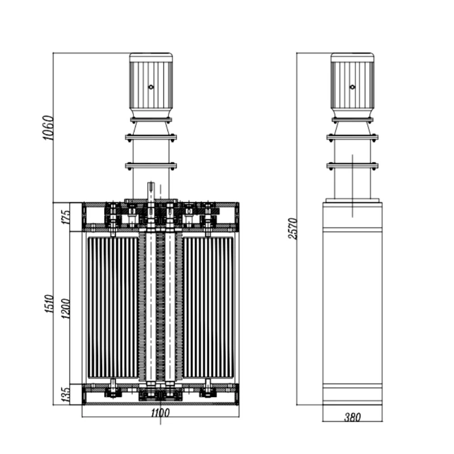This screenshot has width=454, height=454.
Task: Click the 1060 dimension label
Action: (x=48, y=128)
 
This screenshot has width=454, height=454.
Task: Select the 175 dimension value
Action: (x=66, y=217)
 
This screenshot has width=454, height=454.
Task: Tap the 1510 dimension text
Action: (x=49, y=304)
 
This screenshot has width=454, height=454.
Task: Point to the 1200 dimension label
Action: (x=66, y=308)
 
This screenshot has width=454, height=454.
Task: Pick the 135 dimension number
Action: (x=66, y=395)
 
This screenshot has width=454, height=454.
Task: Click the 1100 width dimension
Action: (x=161, y=413)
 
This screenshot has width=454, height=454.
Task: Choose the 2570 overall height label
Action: (x=293, y=229)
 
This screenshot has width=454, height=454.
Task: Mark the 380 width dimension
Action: (x=352, y=417)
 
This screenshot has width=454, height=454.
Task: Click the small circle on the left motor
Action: (x=151, y=87)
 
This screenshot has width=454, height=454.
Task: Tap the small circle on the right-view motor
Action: (x=352, y=87)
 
